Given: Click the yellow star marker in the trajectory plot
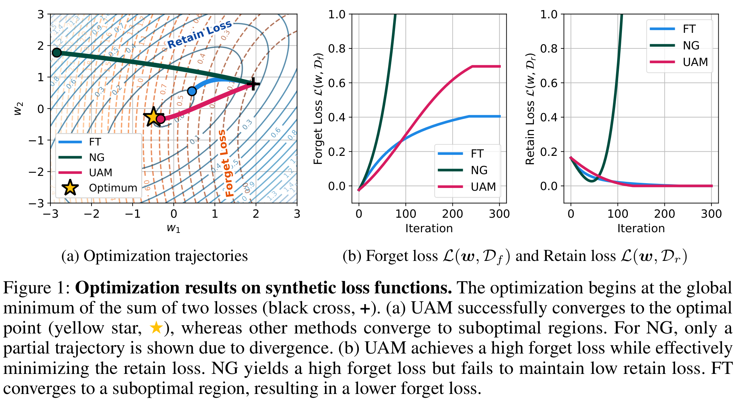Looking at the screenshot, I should tap(153, 117).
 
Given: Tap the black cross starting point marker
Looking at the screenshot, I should tap(253, 84).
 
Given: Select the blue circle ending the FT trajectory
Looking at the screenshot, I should tap(192, 91).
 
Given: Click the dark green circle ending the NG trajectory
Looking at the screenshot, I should tap(57, 53).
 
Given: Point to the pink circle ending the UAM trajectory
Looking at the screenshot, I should tap(161, 119).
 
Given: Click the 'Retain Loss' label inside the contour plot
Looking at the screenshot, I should tap(199, 34).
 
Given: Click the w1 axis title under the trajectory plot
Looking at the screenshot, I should tap(173, 228).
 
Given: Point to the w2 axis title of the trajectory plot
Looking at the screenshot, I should tap(18, 109).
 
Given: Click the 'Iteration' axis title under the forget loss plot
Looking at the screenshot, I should tap(429, 228).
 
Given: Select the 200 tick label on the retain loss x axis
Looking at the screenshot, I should tap(664, 214).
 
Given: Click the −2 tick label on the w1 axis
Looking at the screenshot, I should tap(91, 214).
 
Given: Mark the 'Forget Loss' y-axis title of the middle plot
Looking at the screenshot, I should tap(318, 109).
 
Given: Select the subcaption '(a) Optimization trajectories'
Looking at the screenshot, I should tap(154, 256).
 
